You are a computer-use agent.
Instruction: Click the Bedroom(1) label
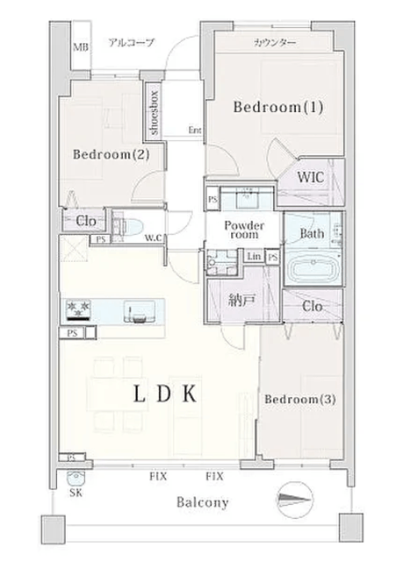[x=278, y=107]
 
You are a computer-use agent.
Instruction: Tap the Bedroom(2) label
[x=112, y=154]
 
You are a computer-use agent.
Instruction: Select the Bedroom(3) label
[x=300, y=399]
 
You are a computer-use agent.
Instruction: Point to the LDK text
[x=165, y=394]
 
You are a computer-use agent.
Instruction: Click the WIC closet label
[x=311, y=177]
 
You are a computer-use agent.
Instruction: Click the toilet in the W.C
[x=128, y=227]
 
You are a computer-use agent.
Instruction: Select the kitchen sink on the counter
[x=140, y=311]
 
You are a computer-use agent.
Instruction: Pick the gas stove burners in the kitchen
[x=78, y=309]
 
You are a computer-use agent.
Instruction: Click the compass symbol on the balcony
[x=295, y=500]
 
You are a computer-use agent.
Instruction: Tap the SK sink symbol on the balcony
[x=76, y=479]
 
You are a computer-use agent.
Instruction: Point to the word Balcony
[x=203, y=502]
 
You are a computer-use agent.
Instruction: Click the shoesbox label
[x=155, y=113]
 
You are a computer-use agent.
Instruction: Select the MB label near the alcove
[x=81, y=46]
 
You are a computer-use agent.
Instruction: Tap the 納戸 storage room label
[x=242, y=302]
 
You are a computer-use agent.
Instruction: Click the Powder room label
[x=244, y=230]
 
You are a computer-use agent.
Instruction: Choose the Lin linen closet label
[x=254, y=256]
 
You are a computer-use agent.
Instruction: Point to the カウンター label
[x=275, y=43]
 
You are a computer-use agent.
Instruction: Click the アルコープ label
[x=131, y=43]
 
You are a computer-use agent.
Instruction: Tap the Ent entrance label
[x=195, y=130]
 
